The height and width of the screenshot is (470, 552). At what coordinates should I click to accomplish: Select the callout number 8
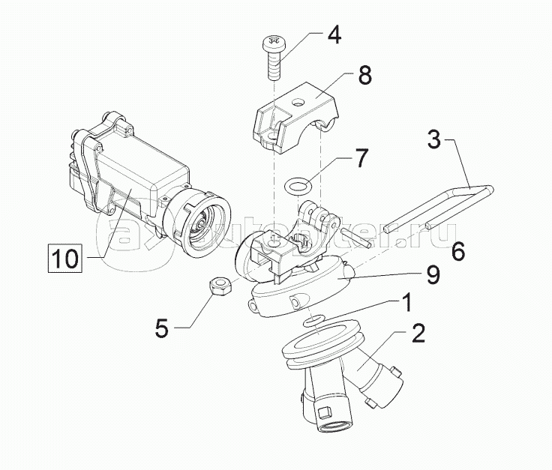coord(364,75)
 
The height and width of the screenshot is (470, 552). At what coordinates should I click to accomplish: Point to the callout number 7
coord(361,157)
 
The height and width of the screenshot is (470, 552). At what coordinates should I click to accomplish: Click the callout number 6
coord(457,250)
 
